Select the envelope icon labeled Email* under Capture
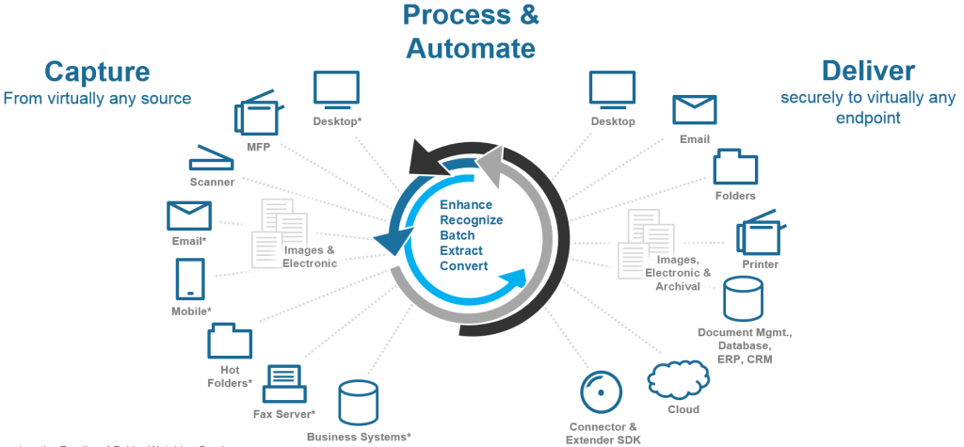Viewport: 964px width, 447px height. pos(188,216)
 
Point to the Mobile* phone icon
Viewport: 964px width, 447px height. pos(191,279)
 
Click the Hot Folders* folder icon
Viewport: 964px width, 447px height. pos(229,342)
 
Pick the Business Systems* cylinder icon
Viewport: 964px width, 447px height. pos(358,403)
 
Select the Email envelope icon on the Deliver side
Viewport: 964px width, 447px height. pos(694,110)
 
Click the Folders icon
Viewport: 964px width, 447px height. pos(735,167)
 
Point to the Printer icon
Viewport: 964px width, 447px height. pos(760,236)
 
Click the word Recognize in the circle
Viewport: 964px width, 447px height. pos(471,219)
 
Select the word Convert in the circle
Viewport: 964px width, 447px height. pos(463,265)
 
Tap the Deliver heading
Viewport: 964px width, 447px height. pos(867,71)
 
